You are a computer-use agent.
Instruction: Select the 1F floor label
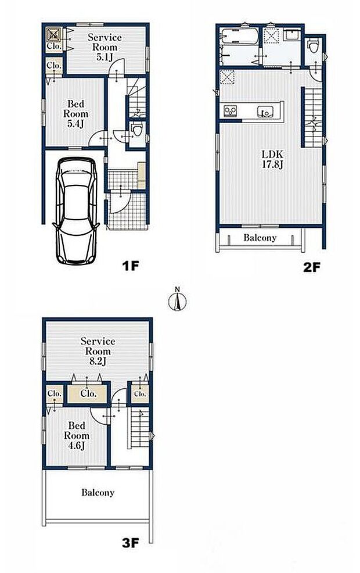coord(131,267)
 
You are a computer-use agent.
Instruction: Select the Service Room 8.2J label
coord(98,350)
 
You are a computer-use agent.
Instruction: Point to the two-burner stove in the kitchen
coord(230,110)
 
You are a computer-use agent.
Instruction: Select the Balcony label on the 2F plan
coord(260,238)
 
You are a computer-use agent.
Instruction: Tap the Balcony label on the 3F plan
coord(98,492)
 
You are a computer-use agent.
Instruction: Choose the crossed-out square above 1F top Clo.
coord(52,33)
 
